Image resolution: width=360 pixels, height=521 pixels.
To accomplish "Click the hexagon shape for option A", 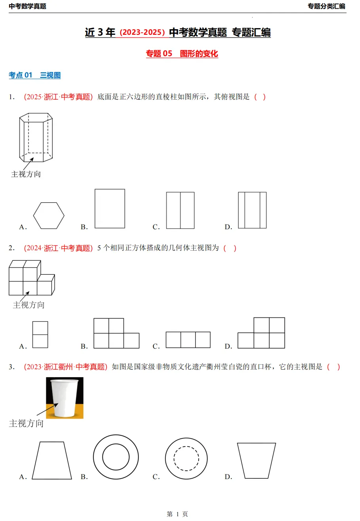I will [x=49, y=215].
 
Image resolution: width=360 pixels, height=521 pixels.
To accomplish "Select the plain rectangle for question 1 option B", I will [x=110, y=208].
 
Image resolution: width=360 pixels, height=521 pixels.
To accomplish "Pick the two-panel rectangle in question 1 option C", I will [x=180, y=210].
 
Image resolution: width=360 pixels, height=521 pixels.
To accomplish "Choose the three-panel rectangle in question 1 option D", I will [x=252, y=210].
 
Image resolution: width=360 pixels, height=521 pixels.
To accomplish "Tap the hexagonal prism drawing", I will [x=36, y=137].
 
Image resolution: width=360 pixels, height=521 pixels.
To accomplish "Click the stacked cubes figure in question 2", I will [x=31, y=278].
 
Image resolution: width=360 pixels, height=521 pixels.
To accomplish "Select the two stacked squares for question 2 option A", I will [x=40, y=334].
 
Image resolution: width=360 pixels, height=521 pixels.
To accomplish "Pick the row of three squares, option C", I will [x=188, y=340].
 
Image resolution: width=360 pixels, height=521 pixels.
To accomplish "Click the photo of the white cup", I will [x=64, y=398].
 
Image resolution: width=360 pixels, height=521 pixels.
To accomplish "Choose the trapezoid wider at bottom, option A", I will [x=52, y=461].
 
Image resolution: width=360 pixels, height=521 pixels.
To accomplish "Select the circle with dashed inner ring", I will [x=186, y=459].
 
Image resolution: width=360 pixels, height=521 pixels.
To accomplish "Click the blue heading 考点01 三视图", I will [x=35, y=75].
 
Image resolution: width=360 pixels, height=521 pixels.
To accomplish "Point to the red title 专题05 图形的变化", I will [x=182, y=54].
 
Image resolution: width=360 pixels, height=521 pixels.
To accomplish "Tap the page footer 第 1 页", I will [x=177, y=514].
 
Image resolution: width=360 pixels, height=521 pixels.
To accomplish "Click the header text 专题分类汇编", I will [x=326, y=6].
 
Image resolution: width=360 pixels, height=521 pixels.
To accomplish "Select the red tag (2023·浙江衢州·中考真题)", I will [x=66, y=367].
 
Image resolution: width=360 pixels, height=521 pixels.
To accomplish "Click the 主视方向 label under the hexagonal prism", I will [x=26, y=174].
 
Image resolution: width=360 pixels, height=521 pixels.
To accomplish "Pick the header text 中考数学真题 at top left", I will [x=28, y=6].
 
